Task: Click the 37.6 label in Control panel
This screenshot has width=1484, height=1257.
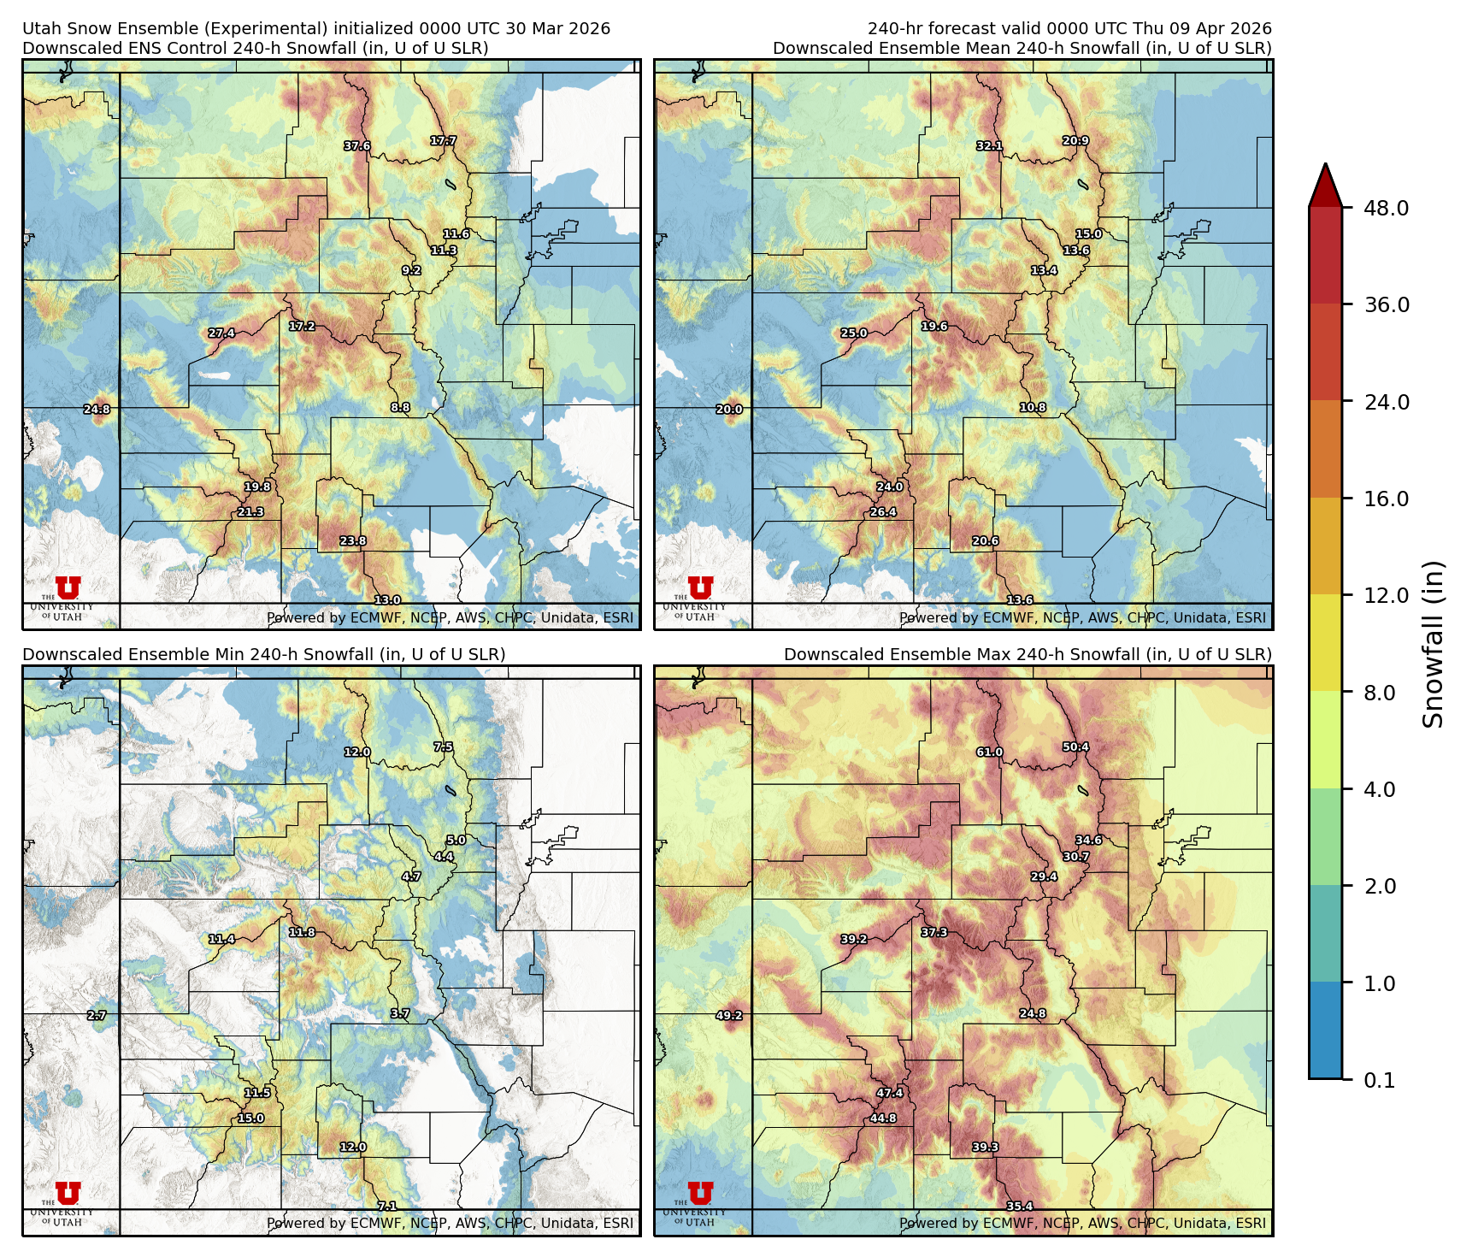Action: (357, 146)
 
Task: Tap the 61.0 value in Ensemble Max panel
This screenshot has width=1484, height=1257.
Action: (989, 752)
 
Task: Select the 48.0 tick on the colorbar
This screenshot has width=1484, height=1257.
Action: (1387, 208)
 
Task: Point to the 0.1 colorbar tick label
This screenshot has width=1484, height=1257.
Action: (1379, 1081)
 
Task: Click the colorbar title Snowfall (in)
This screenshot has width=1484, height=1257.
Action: (1434, 644)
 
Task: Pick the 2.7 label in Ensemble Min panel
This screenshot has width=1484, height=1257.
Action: (97, 1016)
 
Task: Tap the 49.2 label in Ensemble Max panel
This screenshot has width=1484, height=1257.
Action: (728, 1016)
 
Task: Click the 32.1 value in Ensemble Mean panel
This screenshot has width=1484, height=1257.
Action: (989, 146)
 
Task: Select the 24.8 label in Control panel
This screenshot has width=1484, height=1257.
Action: (97, 410)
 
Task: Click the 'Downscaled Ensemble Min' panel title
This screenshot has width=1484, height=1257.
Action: (263, 654)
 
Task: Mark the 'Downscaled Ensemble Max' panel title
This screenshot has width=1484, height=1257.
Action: (1028, 654)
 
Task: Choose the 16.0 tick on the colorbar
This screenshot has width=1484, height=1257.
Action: (1387, 499)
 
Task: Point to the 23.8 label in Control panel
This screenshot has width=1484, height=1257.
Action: (352, 541)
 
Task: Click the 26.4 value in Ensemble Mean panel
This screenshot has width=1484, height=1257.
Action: (883, 512)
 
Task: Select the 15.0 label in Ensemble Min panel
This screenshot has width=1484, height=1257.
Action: (250, 1118)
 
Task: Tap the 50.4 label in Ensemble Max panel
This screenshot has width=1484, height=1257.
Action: (1075, 747)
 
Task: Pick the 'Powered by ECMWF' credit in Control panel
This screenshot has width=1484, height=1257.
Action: (450, 617)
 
